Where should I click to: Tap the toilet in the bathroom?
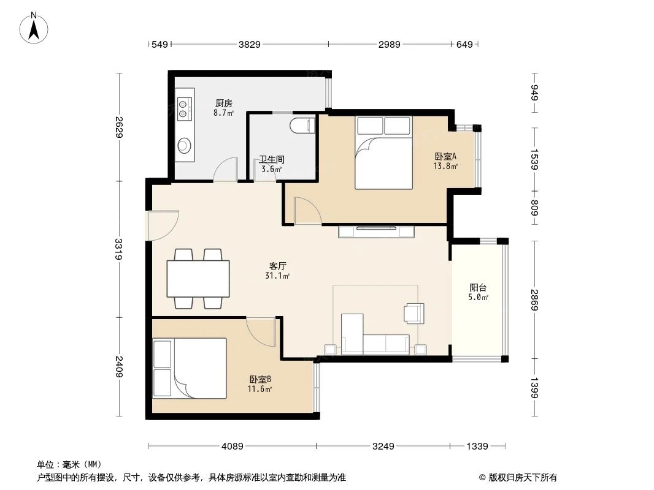tap(302, 126)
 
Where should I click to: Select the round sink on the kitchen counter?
tap(184, 146)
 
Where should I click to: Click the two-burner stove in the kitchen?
tap(184, 108)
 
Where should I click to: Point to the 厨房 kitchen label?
tap(223, 104)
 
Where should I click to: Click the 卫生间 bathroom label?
tap(271, 159)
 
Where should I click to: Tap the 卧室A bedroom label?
tap(445, 156)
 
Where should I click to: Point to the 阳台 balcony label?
tap(479, 287)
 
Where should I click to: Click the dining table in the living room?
tap(198, 279)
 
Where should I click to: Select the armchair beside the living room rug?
tap(413, 313)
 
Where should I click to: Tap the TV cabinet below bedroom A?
tap(377, 232)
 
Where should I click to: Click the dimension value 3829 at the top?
tap(250, 44)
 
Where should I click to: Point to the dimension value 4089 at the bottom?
tap(233, 447)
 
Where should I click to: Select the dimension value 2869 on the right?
tap(534, 300)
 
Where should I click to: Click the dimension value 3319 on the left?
tap(118, 249)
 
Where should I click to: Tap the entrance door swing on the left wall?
tap(163, 225)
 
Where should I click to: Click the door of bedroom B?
tap(260, 331)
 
